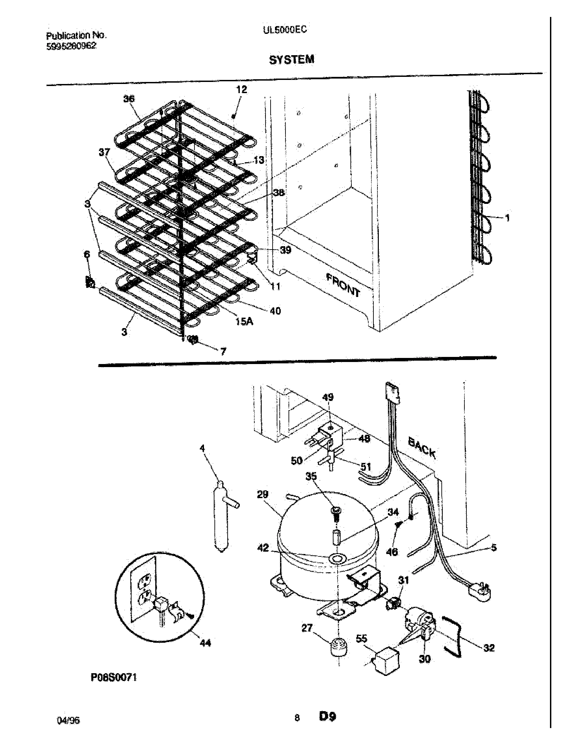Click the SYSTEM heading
click(292, 60)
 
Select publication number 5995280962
click(71, 46)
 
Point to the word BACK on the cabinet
click(422, 448)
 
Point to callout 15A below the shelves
click(244, 321)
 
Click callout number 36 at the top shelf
click(129, 99)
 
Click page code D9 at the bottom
click(327, 726)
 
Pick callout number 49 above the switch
click(328, 397)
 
